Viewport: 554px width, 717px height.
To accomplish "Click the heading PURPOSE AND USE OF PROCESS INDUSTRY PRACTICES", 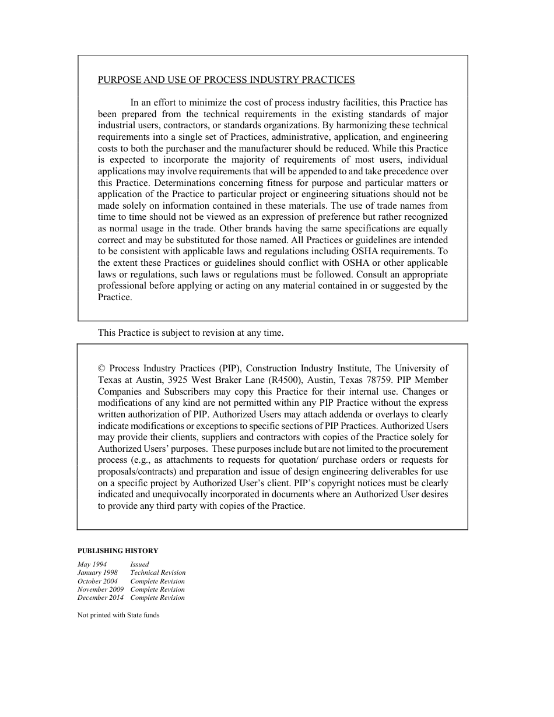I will (226, 80).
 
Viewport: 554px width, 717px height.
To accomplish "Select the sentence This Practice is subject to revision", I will (190, 333).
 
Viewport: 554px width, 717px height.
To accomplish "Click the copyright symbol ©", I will (101, 368).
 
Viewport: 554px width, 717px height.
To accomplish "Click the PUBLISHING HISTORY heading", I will (118, 550).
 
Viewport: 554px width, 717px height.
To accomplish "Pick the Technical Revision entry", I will (157, 572).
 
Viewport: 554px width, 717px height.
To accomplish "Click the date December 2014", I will (100, 597).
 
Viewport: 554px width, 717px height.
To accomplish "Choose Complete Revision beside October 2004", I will (157, 581).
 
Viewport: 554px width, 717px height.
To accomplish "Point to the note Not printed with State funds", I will (118, 615).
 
